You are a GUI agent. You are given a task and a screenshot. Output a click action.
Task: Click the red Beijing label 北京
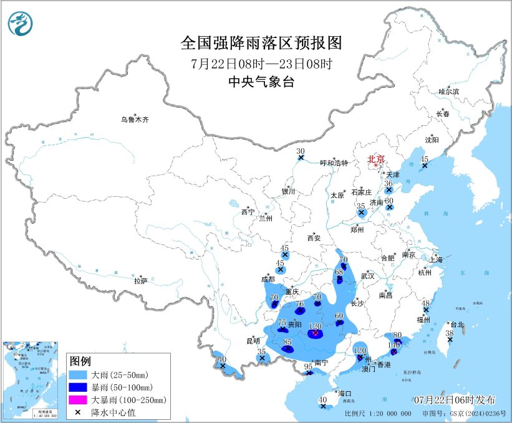(377, 159)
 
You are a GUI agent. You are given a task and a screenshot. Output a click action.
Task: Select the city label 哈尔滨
(448, 92)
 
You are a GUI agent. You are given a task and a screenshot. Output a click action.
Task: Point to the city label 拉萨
(140, 281)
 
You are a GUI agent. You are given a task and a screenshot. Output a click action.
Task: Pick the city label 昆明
(253, 341)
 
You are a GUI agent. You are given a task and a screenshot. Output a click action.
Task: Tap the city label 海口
(345, 393)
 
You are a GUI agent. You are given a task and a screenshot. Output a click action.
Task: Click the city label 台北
(457, 325)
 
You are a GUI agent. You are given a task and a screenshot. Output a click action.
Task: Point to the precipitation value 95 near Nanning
(308, 366)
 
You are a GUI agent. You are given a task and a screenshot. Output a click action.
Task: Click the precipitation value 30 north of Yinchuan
(301, 151)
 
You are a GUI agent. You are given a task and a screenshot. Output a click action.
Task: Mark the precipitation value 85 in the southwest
(287, 342)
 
